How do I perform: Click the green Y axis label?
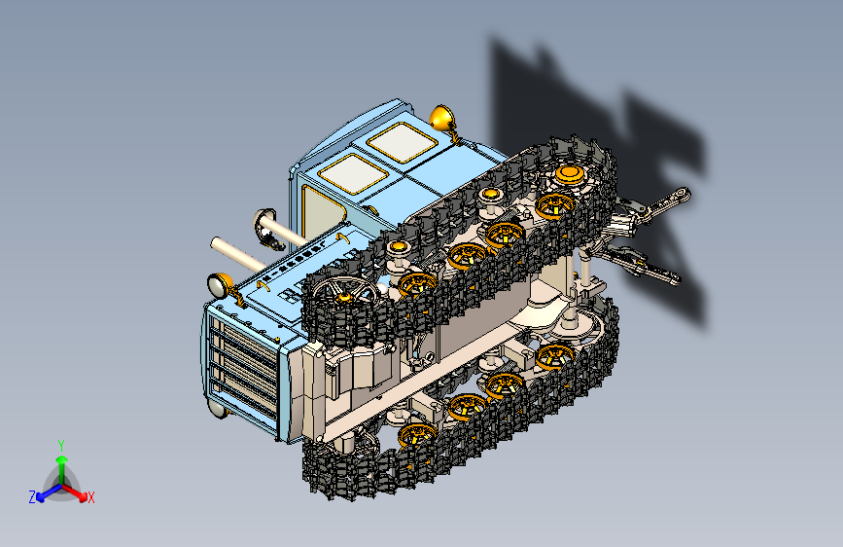[61, 445]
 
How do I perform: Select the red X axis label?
[90, 497]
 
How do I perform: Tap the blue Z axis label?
[32, 497]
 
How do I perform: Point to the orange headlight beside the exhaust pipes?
[220, 285]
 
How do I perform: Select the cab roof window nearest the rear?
[403, 142]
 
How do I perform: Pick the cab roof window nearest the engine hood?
[353, 173]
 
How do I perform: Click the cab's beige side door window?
[322, 212]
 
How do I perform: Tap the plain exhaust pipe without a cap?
[237, 253]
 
